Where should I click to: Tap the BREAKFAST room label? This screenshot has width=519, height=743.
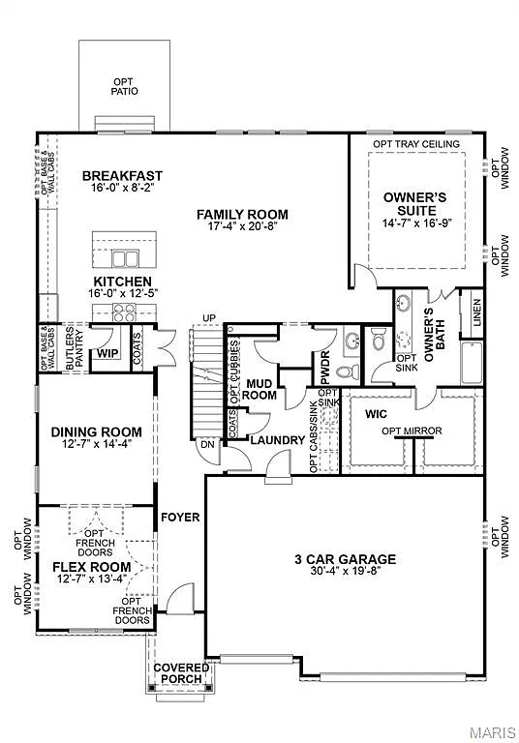(x=122, y=175)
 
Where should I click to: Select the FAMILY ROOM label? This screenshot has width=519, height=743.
(x=242, y=214)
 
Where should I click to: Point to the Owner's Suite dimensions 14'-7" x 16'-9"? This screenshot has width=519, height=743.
(x=416, y=224)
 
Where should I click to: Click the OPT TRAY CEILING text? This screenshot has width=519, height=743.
(x=416, y=144)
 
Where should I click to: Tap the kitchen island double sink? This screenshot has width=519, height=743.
(x=124, y=258)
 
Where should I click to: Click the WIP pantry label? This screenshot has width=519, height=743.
(x=106, y=355)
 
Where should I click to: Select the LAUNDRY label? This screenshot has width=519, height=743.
(x=277, y=440)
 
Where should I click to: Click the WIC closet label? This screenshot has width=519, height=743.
(x=376, y=413)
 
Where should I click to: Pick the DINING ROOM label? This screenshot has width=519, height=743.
(x=96, y=432)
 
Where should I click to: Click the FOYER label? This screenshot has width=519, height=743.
(x=180, y=518)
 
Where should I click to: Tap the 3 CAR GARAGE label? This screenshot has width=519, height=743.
(x=345, y=558)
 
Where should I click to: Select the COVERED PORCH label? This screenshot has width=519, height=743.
(x=181, y=672)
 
